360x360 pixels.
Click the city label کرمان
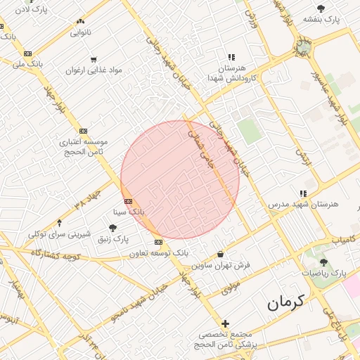286,303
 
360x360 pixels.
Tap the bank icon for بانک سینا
127,202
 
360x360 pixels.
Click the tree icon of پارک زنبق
112,228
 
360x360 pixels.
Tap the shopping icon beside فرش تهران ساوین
221,255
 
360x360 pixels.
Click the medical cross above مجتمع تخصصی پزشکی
225,324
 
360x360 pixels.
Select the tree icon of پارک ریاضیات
323,262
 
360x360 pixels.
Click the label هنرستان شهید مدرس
303,204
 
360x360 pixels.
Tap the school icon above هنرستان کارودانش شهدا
231,57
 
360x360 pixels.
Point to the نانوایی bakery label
79,32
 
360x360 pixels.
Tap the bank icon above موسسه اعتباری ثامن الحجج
83,131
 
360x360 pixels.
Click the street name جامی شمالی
201,145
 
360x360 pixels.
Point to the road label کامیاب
345,240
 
